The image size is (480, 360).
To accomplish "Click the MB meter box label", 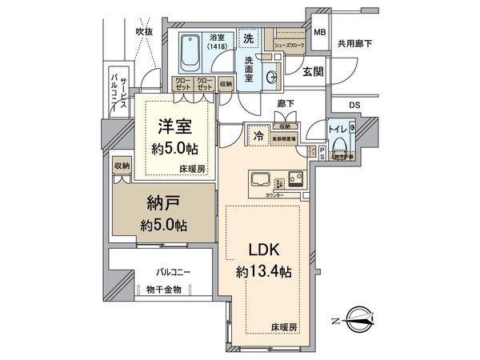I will click(x=319, y=33).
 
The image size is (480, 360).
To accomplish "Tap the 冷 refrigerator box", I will click(x=260, y=136).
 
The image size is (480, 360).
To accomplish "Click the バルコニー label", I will click(x=173, y=273).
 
